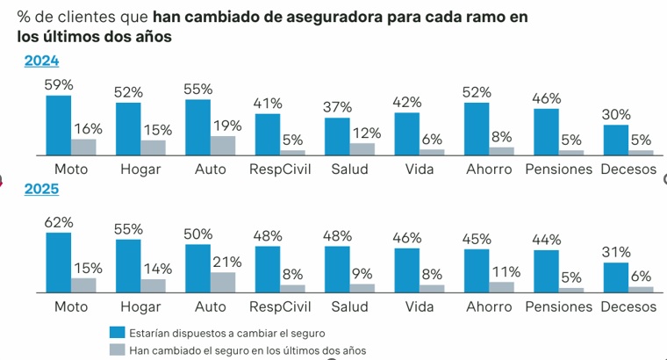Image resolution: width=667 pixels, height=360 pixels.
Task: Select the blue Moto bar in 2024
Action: [x=58, y=125]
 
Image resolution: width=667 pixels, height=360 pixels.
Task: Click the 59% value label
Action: [x=58, y=85]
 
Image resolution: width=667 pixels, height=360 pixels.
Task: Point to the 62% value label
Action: [x=58, y=223]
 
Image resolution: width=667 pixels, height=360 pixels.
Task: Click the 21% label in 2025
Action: [x=226, y=262]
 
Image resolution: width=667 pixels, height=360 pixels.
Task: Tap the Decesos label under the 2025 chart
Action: [x=628, y=306]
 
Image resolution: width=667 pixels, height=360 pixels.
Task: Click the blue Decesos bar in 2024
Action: [x=616, y=140]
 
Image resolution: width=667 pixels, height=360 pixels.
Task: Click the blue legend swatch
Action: [x=117, y=332]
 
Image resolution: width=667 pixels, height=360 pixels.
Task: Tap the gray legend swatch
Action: [x=117, y=349]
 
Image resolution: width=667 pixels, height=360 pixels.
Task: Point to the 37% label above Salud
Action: [x=338, y=107]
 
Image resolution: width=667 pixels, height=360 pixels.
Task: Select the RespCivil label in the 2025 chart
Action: [x=277, y=306]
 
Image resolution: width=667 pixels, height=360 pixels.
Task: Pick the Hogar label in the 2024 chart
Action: [x=139, y=169]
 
